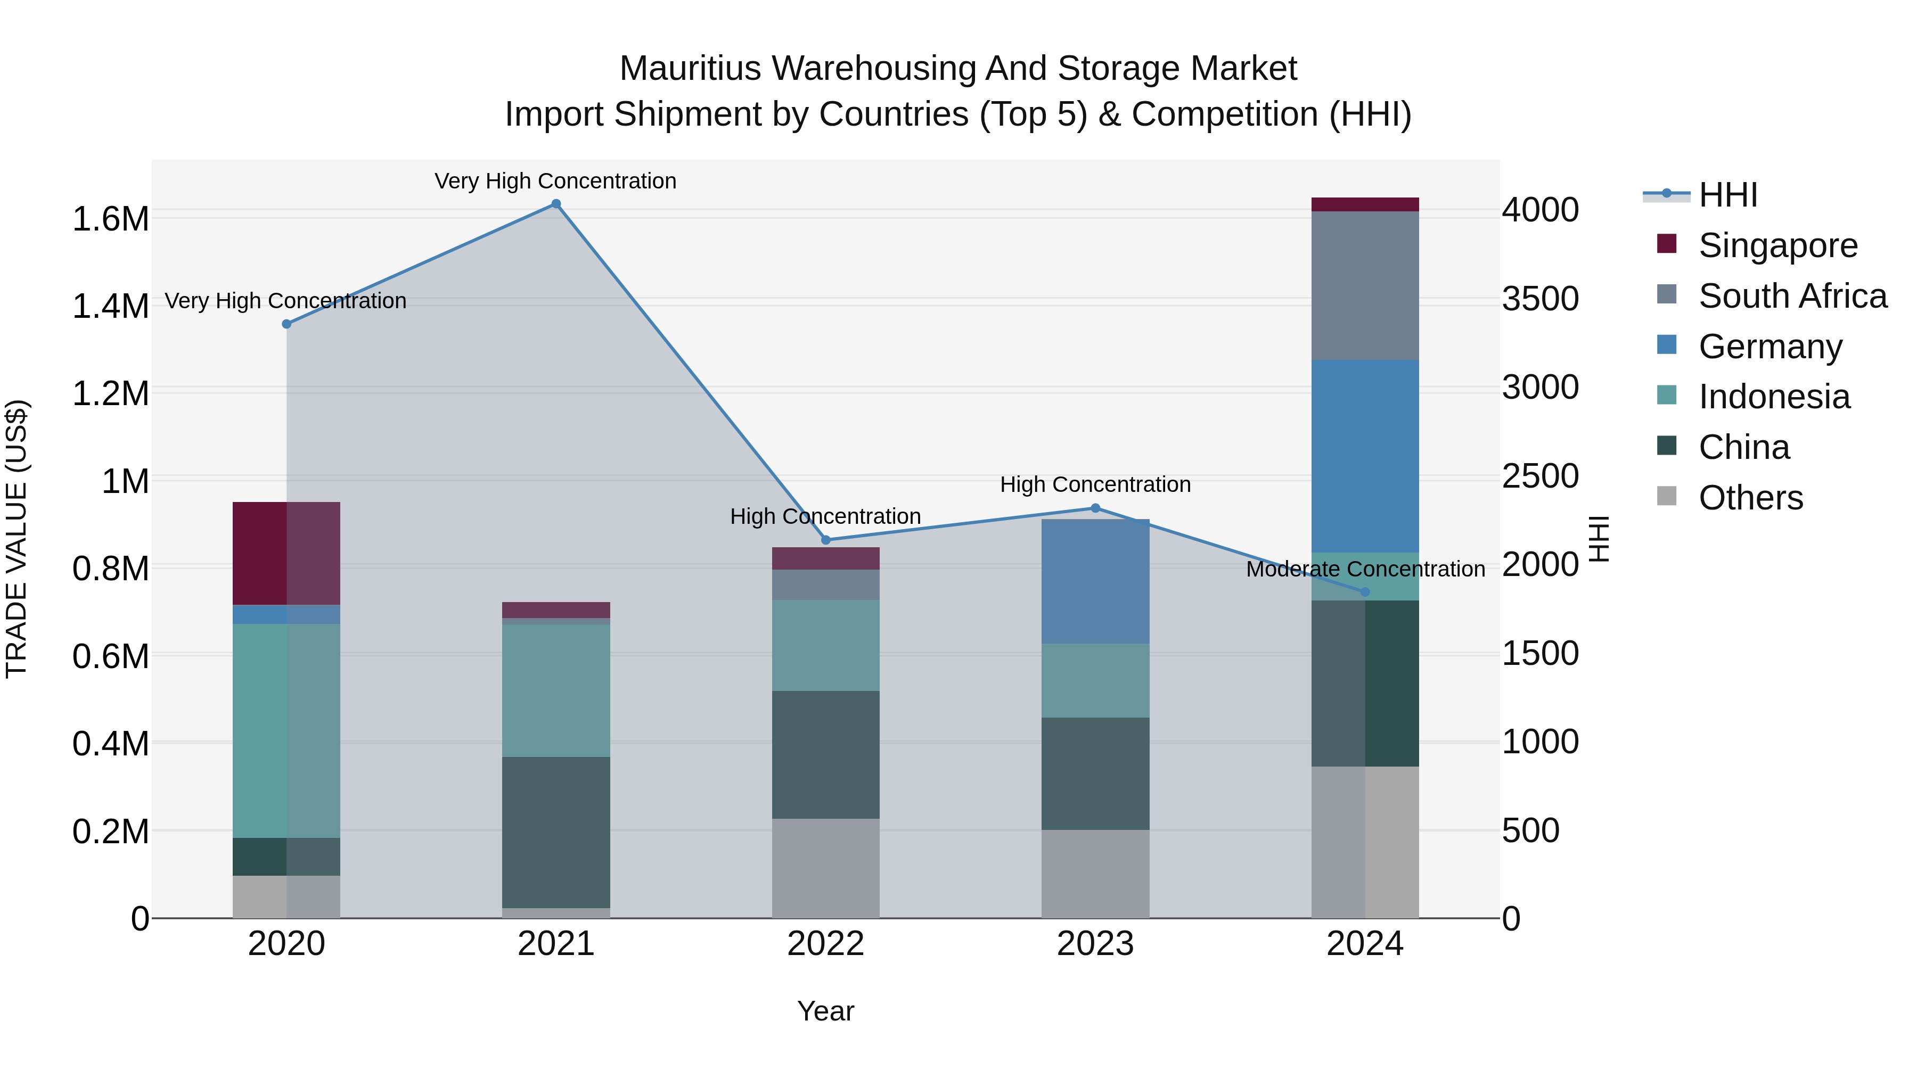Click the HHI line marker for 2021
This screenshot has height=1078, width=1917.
pos(556,204)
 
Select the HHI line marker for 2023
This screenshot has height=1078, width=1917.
pos(1095,508)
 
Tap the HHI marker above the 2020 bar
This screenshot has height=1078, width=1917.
pos(286,324)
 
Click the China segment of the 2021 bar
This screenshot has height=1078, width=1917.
pos(556,832)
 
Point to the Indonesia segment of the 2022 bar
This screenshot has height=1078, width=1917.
pos(825,645)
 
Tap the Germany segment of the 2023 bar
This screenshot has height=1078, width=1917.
pos(1095,581)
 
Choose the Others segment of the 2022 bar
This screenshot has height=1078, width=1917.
pos(825,868)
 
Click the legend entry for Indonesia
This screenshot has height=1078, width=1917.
pos(1773,397)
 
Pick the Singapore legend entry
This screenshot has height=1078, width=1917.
pos(1777,245)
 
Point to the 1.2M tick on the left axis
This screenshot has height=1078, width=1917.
pos(110,393)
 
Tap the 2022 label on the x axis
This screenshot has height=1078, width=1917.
pos(825,944)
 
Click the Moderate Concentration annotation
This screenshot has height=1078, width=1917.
pos(1365,569)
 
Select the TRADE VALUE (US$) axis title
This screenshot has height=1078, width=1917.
pos(17,539)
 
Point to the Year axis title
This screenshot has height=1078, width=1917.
pos(825,1011)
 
